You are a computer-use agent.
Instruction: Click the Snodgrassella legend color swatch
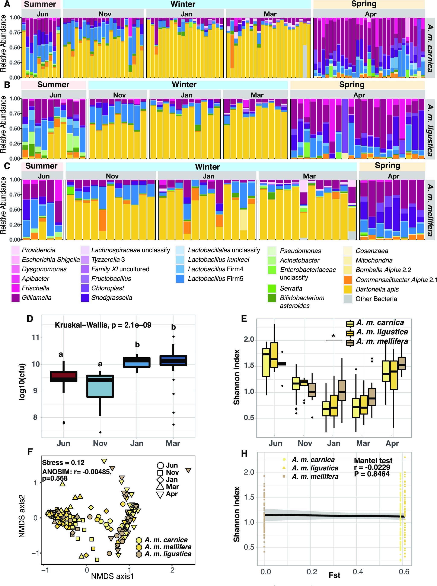coord(85,298)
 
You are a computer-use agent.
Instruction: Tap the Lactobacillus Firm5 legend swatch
coord(181,278)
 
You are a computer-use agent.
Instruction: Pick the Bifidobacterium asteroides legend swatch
coord(272,298)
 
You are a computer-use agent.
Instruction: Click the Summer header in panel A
coord(40,4)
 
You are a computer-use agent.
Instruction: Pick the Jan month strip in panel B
coord(186,95)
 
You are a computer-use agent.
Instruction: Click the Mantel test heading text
coord(373,460)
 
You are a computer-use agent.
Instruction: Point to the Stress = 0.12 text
coord(64,463)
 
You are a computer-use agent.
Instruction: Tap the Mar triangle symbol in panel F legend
coord(161,487)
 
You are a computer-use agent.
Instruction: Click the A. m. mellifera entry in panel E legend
coord(382,341)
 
